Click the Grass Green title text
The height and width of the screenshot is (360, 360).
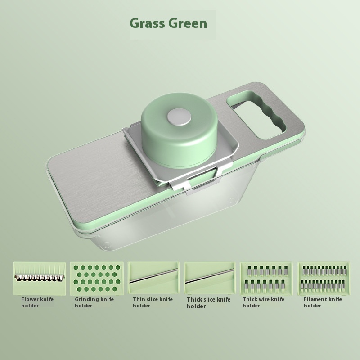click(x=168, y=23)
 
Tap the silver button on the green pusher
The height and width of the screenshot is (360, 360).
click(x=179, y=117)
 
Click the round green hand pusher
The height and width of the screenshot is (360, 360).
click(x=179, y=130)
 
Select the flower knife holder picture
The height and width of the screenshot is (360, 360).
click(x=40, y=279)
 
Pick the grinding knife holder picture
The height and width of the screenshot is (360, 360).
click(x=97, y=278)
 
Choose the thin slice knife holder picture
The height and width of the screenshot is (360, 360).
click(x=153, y=278)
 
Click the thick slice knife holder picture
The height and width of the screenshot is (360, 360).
click(x=209, y=278)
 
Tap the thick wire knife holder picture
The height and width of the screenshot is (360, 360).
click(x=266, y=279)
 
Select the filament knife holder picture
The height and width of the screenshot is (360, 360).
click(x=324, y=279)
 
